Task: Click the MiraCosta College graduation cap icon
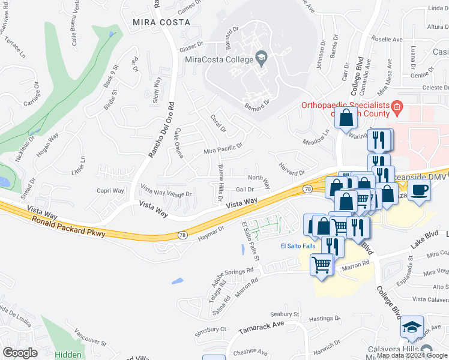click(x=261, y=59)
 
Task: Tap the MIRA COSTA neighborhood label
click(x=161, y=22)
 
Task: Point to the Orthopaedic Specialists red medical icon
click(x=397, y=107)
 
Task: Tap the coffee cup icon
click(x=420, y=191)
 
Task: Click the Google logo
click(x=20, y=353)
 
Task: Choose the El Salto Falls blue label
click(x=297, y=246)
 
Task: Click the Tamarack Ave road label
click(x=261, y=324)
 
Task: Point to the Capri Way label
click(x=110, y=191)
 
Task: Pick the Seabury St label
click(x=285, y=314)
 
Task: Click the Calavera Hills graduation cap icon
click(x=412, y=327)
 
